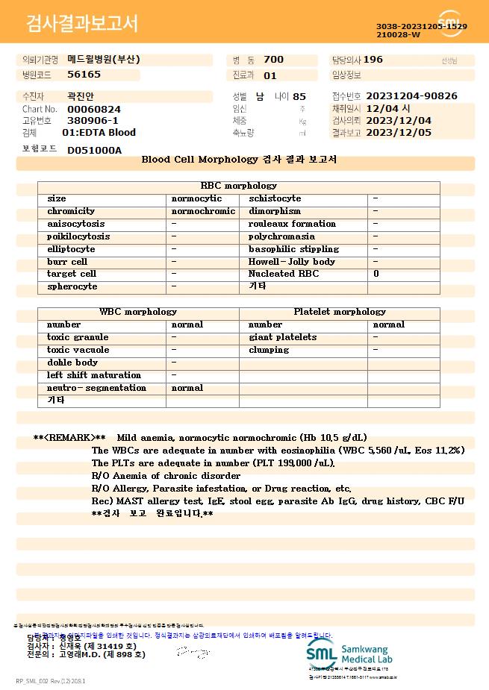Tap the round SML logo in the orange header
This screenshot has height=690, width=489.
[x=450, y=23]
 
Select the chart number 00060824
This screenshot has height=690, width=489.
[x=93, y=109]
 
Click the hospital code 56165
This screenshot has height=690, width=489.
[x=84, y=75]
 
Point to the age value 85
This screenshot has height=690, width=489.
[x=299, y=96]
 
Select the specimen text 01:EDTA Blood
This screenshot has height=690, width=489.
[x=99, y=133]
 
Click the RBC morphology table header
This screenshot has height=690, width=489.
[x=239, y=186]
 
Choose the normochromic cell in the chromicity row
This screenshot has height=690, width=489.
[x=203, y=211]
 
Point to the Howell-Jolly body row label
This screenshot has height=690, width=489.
[x=291, y=262]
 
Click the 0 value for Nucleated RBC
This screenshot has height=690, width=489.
[x=376, y=274]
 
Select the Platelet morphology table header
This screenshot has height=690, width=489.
[x=340, y=312]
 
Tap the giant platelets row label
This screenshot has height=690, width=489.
[x=282, y=337]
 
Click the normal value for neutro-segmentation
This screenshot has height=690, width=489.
[x=187, y=388]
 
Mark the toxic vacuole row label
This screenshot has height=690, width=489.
[x=78, y=350]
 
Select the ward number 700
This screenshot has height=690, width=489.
[x=273, y=60]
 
